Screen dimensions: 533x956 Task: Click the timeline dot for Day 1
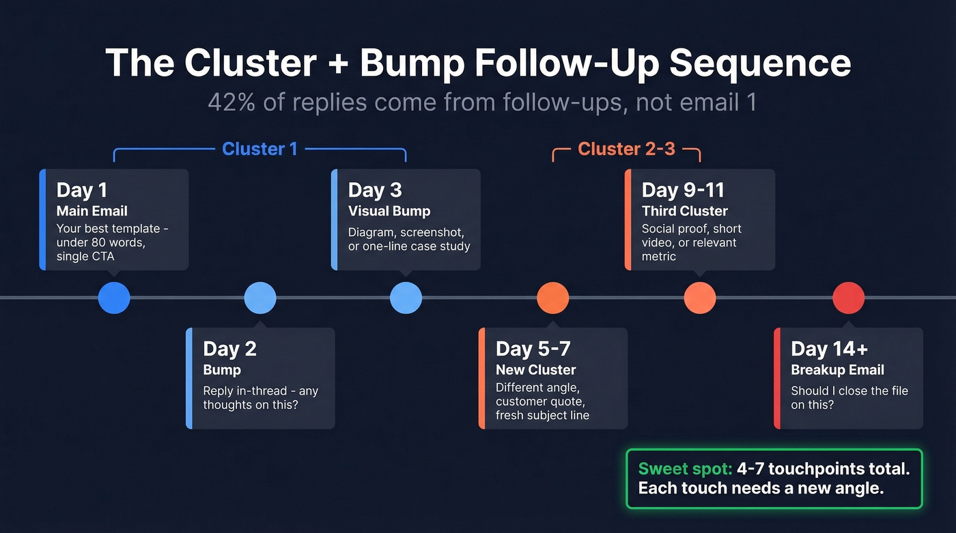pos(114,298)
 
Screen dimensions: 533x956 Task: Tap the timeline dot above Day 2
pos(260,298)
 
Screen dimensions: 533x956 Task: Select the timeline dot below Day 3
pos(406,298)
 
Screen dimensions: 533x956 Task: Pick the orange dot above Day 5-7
pos(553,298)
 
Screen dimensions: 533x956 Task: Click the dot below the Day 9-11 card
pos(700,298)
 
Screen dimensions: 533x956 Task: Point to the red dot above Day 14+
pos(849,298)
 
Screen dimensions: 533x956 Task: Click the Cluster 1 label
pos(259,149)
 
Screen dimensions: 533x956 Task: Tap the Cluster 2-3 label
pos(626,149)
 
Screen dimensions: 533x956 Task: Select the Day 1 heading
pos(82,190)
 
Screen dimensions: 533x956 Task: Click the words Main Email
pos(92,211)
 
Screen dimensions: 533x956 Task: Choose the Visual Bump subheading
pos(389,211)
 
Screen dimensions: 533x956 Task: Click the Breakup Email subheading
pos(837,370)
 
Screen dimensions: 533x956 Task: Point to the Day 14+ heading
pos(829,349)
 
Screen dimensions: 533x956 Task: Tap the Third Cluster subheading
pos(685,211)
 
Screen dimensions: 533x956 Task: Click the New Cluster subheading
pos(536,370)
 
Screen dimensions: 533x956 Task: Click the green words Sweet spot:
pos(685,469)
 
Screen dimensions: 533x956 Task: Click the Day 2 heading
pos(229,349)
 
